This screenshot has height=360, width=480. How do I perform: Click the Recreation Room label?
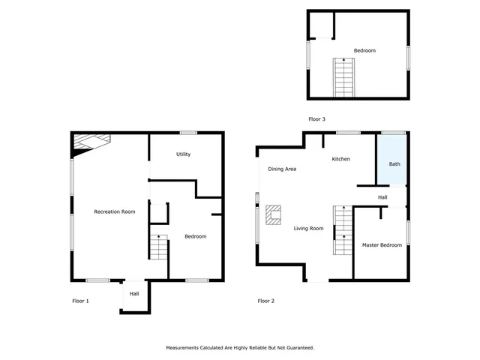[x=114, y=212]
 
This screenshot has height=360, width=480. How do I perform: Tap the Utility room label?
[x=183, y=154]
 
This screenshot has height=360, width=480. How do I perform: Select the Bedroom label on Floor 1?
[x=196, y=236]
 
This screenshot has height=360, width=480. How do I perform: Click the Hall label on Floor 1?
[x=134, y=294]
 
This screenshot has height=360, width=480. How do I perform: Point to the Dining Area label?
[x=283, y=169]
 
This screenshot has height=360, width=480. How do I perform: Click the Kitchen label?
[x=341, y=159]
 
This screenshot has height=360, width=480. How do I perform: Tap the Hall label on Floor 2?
[x=382, y=197]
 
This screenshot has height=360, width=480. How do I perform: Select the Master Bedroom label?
[x=381, y=245]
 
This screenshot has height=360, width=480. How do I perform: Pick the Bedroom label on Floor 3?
[x=364, y=50]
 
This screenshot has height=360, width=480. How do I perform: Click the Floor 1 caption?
[x=80, y=301]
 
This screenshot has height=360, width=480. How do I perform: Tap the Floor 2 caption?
[x=266, y=301]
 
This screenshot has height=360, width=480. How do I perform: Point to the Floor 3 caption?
[x=316, y=119]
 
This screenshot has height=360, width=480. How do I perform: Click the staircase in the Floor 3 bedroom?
[x=343, y=76]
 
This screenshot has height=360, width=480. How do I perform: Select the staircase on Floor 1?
[x=158, y=247]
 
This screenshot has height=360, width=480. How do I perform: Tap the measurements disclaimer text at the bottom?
[x=239, y=348]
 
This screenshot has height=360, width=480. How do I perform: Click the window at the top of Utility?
[x=188, y=133]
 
